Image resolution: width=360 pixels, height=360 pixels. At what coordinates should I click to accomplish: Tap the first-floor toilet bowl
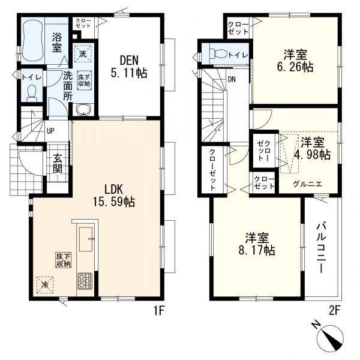[31, 93]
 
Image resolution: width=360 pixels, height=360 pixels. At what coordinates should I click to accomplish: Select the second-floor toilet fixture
[218, 54]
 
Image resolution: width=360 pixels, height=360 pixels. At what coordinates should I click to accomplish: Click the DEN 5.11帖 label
[129, 67]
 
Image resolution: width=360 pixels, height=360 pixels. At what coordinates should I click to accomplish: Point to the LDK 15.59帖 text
[113, 196]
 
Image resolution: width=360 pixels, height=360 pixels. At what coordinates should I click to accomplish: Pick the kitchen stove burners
[85, 281]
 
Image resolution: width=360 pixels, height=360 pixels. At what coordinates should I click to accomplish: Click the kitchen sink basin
[86, 239]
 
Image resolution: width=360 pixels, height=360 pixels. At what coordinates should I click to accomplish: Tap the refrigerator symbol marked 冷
[45, 285]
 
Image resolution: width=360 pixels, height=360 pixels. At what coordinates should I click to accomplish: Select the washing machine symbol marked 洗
[83, 53]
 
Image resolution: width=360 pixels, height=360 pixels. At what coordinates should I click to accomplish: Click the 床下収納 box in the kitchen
[64, 260]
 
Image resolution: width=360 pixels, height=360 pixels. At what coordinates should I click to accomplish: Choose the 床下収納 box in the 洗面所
[84, 80]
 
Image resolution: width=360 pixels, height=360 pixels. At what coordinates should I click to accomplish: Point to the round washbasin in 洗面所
[83, 110]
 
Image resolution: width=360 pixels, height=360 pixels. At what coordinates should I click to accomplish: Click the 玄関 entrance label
[58, 163]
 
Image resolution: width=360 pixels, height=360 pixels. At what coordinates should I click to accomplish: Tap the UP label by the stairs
[50, 131]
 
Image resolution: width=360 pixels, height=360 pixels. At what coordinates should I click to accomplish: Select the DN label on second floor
[232, 80]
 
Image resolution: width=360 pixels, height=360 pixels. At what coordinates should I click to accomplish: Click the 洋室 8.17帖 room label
[257, 244]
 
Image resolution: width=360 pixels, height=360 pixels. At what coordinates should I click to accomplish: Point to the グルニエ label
[307, 184]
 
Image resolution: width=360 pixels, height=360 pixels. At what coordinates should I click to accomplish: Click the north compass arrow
[330, 337]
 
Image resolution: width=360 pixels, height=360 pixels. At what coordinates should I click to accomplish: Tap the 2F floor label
[334, 311]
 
